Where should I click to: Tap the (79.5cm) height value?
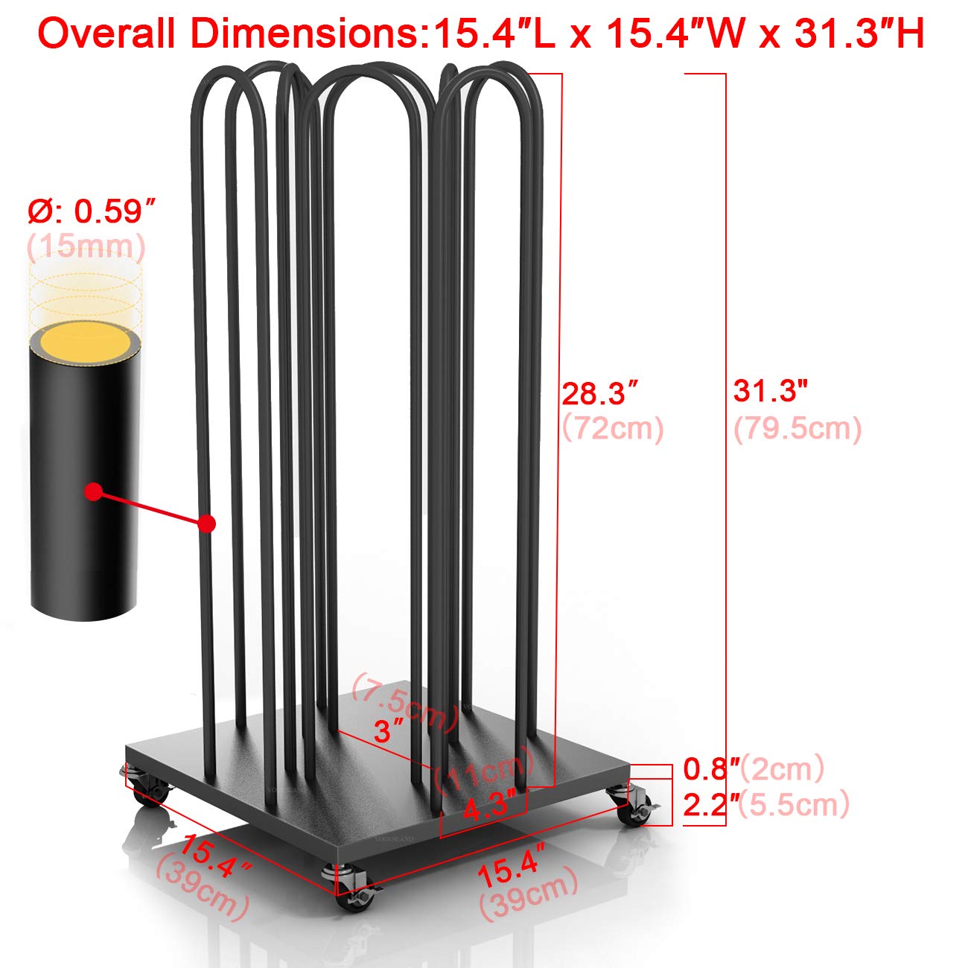click(x=797, y=429)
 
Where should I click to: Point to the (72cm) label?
click(x=613, y=429)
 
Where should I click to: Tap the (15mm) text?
click(x=86, y=246)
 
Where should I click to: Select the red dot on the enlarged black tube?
click(x=93, y=491)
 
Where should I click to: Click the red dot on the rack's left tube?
click(x=208, y=524)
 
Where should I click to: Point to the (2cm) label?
click(x=783, y=768)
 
